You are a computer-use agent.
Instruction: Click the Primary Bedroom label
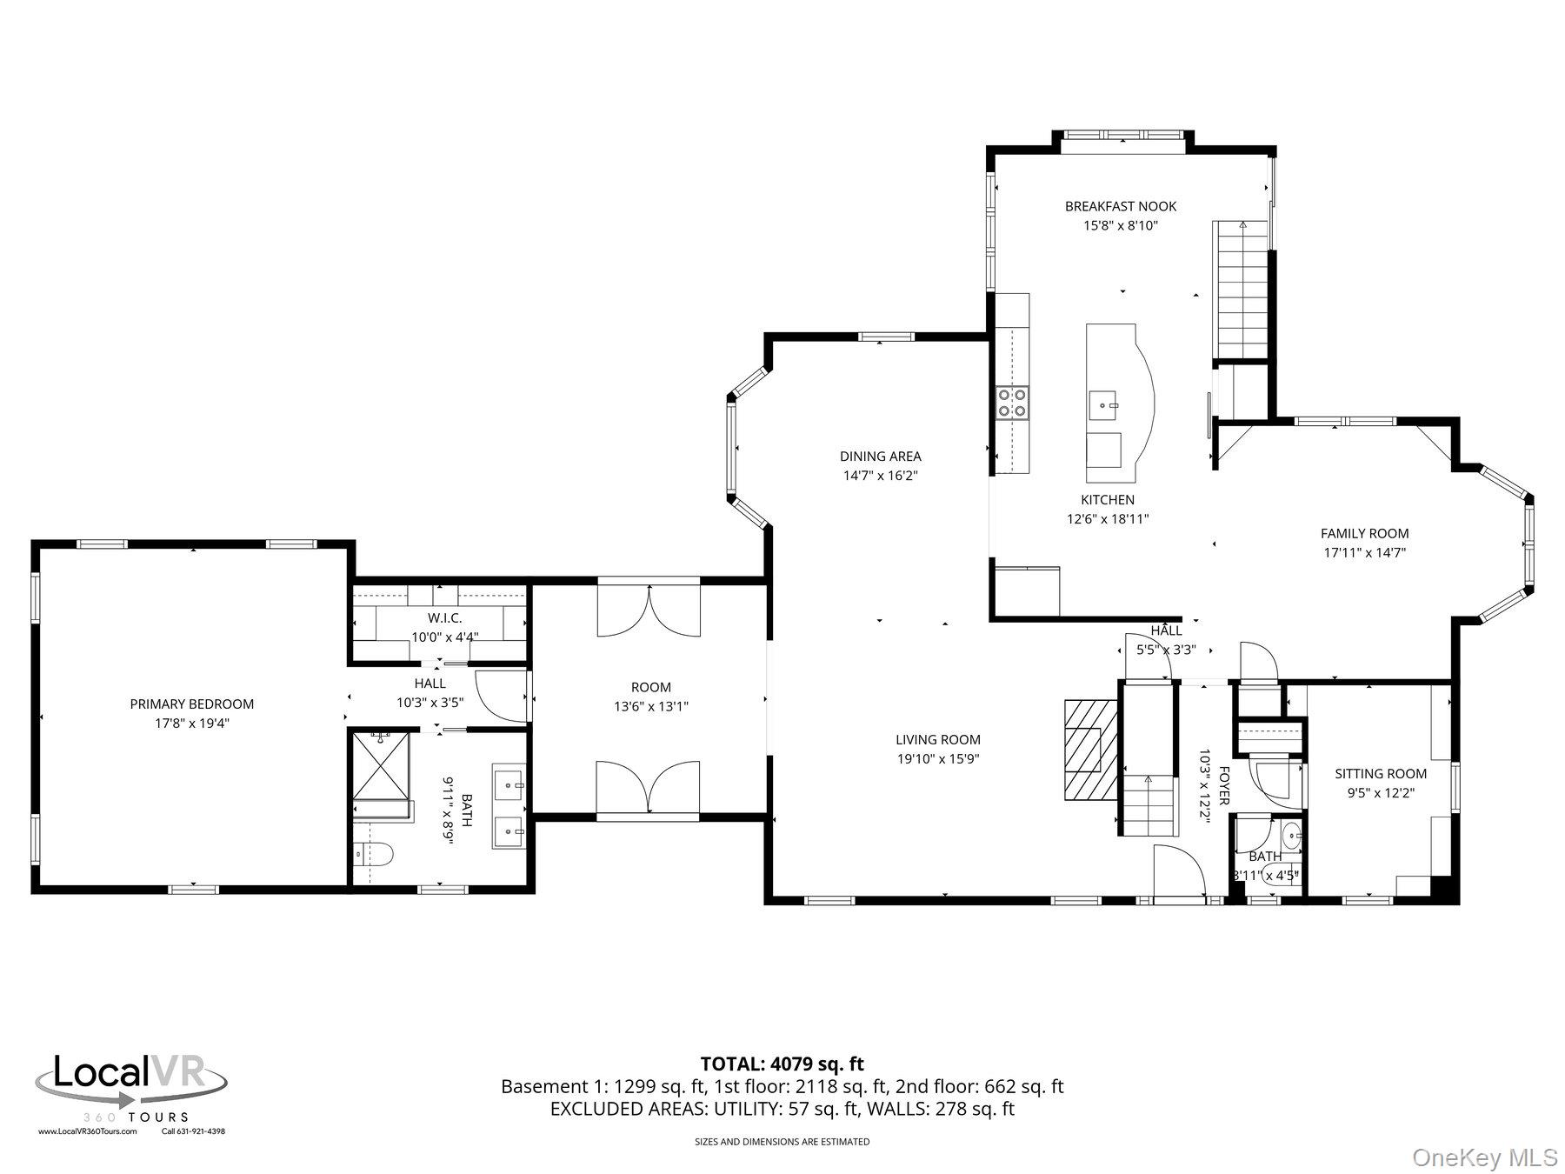coord(191,704)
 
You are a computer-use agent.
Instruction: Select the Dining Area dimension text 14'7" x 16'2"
coord(880,476)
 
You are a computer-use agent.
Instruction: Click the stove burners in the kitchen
coord(1012,403)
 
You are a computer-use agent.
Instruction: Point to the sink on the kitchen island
coord(1105,405)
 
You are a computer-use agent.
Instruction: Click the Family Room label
coord(1364,533)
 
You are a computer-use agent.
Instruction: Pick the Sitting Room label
coord(1381,773)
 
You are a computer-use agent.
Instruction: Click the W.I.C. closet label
coord(444,617)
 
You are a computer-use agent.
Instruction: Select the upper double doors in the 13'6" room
coord(649,610)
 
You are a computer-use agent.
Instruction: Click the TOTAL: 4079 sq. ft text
coord(782,1063)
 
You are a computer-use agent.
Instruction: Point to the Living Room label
coord(937,739)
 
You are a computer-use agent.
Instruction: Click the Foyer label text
coord(1223,785)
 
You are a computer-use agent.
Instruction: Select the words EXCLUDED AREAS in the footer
coord(629,1109)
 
